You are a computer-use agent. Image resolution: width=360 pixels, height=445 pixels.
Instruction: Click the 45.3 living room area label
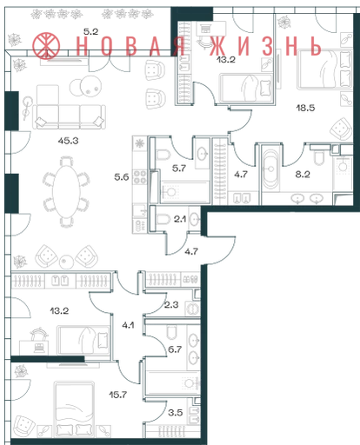68,141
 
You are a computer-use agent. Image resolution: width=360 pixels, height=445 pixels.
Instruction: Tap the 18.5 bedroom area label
305,108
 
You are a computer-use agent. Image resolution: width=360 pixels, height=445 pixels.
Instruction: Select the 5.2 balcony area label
90,31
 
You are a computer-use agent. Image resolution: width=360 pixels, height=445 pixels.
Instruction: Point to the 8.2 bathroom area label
303,174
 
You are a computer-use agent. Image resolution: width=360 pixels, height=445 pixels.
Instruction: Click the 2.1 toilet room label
180,219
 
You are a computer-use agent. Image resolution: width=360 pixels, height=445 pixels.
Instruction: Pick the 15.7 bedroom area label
117,395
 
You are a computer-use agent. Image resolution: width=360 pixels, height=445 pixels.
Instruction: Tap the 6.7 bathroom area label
175,349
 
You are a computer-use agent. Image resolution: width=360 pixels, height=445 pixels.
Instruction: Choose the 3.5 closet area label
175,412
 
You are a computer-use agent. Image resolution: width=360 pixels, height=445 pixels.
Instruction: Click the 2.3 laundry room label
171,304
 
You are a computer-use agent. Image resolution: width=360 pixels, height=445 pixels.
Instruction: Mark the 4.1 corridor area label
128,325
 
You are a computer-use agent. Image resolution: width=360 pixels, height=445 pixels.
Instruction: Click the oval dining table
66,192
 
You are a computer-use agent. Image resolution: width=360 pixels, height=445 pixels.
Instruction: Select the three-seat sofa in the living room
69,116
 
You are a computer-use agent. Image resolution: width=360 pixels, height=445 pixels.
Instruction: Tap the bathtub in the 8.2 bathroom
270,169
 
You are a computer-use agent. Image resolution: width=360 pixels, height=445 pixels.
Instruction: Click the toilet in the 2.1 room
163,219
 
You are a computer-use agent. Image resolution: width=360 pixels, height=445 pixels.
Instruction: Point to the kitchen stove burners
140,177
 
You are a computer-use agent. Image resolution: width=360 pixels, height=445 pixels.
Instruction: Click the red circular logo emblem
46,45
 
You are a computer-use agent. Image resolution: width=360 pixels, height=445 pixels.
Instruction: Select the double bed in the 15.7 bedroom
75,409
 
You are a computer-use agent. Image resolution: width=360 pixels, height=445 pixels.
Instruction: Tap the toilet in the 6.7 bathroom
172,332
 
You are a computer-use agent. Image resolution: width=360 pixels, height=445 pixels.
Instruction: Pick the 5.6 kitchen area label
122,176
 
